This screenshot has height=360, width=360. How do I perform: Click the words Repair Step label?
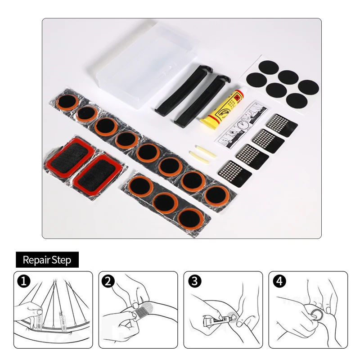tap(47, 260)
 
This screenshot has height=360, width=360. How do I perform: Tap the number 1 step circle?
tap(23, 282)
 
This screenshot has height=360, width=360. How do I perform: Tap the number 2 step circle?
tap(108, 282)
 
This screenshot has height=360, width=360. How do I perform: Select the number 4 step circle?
tap(279, 282)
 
